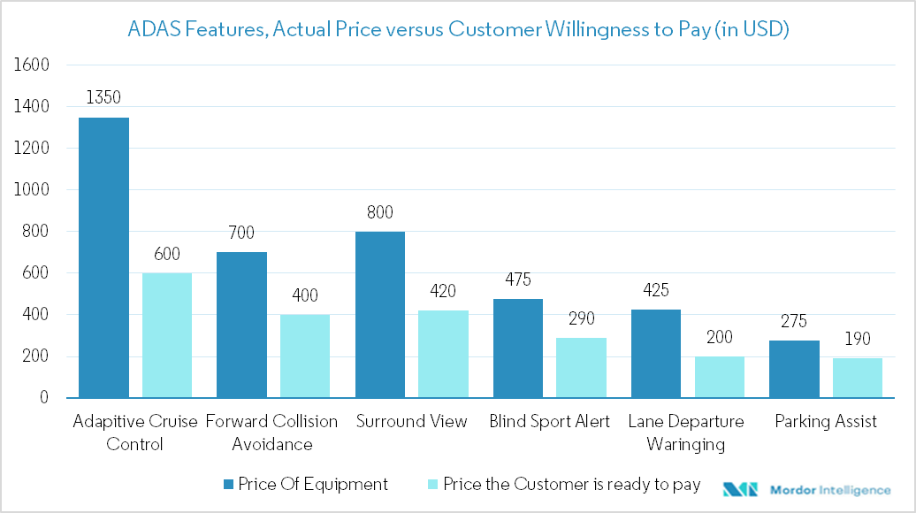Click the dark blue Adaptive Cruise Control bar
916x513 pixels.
(103, 257)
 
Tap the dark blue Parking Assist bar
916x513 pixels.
(794, 369)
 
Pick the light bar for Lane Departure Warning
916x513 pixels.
(719, 377)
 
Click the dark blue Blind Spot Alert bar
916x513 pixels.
(518, 348)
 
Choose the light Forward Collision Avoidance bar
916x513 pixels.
(305, 356)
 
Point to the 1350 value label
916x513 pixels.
(103, 97)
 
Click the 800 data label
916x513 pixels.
(380, 212)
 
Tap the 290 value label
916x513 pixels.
(581, 318)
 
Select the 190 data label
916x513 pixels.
(857, 339)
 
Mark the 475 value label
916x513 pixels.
(518, 279)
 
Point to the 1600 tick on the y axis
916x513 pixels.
(32, 65)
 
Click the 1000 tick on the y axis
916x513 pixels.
(32, 190)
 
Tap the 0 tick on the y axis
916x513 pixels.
(42, 398)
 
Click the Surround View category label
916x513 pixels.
(411, 422)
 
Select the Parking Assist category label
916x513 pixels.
(826, 422)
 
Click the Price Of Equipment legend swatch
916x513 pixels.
(229, 485)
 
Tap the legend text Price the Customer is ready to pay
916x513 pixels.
(571, 485)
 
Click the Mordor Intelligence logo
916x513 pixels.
(805, 489)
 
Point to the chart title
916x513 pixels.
(458, 29)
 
